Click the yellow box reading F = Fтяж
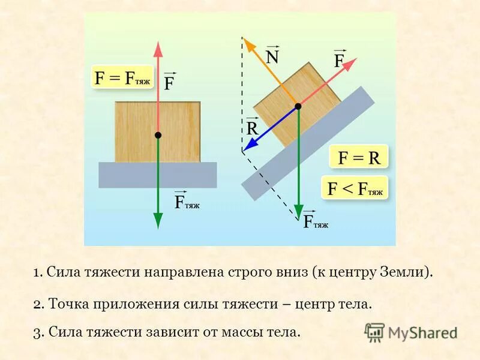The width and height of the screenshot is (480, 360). point(122,77)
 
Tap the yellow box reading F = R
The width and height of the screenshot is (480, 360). point(359,158)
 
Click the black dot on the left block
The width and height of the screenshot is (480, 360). point(157,136)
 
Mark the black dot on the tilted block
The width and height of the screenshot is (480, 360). point(298,107)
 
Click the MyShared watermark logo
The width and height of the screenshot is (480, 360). point(411,332)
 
